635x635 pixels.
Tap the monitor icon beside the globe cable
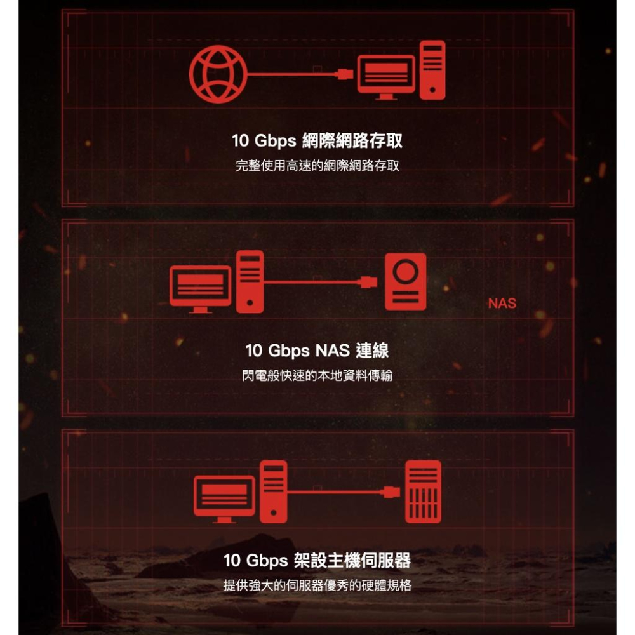(x=386, y=76)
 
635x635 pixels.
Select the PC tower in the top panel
(x=432, y=70)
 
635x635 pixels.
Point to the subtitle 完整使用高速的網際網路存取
(x=317, y=166)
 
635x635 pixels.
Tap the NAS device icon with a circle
(x=405, y=282)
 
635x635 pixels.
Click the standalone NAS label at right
(x=502, y=304)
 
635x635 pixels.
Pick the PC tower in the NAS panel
(x=250, y=282)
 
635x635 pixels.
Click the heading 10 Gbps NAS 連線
(x=317, y=350)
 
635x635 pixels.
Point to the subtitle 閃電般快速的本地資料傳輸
(x=317, y=376)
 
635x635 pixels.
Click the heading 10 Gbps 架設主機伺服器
(x=317, y=561)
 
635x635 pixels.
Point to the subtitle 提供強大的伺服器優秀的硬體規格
(x=317, y=585)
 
